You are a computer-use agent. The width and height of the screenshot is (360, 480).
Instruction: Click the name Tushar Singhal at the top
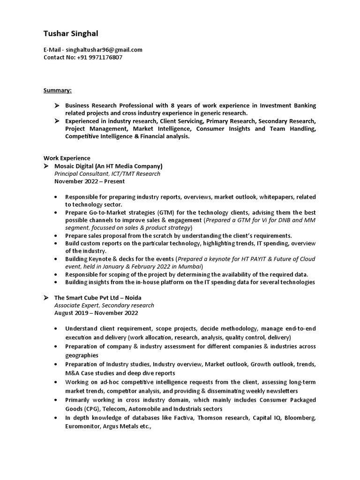[71, 34]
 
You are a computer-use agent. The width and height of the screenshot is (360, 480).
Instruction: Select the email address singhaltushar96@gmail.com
[104, 50]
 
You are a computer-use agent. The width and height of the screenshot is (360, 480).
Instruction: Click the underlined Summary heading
[58, 90]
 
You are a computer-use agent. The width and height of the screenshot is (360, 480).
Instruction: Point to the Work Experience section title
[67, 158]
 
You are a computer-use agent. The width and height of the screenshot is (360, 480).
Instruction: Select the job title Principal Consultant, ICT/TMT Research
[107, 173]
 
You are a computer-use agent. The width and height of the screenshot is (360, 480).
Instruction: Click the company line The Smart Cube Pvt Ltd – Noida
[98, 298]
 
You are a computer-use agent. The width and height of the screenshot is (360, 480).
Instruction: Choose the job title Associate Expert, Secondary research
[104, 305]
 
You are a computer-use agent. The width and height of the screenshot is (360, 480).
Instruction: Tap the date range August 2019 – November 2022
[97, 313]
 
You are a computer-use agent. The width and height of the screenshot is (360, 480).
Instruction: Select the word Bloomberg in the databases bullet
[298, 418]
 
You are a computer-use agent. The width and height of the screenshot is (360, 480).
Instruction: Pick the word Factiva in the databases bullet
[181, 418]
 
